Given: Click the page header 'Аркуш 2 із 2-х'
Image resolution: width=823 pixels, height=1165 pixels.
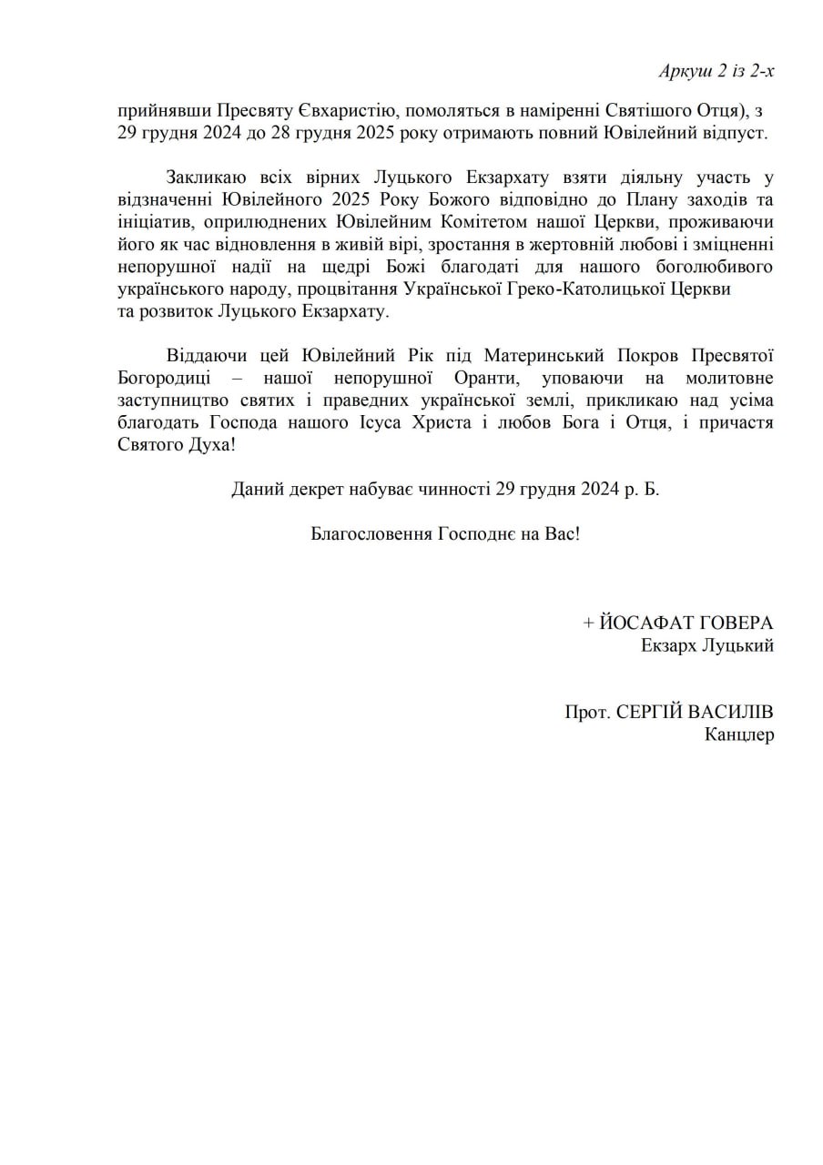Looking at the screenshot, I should [x=716, y=71].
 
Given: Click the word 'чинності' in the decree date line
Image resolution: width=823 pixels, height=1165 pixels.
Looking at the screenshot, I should [x=454, y=490].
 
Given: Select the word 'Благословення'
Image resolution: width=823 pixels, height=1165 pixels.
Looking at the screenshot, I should [x=371, y=534].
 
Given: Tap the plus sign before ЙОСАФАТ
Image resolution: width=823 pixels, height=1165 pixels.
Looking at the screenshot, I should [x=588, y=623].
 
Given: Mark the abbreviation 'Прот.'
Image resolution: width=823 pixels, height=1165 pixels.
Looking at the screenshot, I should [x=587, y=712].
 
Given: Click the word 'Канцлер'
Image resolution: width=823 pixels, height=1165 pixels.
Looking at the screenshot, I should [x=739, y=734].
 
